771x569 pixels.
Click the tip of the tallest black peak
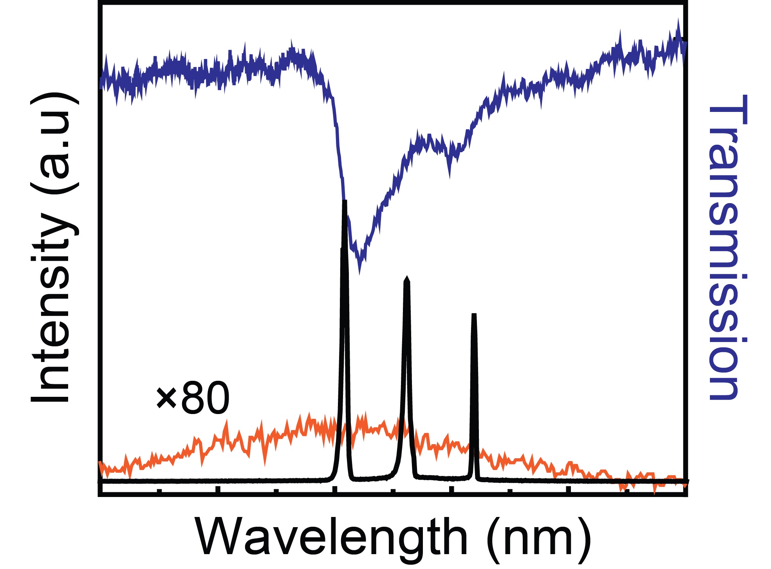[345, 202]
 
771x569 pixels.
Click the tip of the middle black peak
[407, 278]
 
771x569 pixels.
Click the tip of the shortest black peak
[474, 314]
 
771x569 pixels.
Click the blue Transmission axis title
[728, 247]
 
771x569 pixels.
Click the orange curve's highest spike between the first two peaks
[365, 414]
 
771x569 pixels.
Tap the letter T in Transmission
[728, 110]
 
